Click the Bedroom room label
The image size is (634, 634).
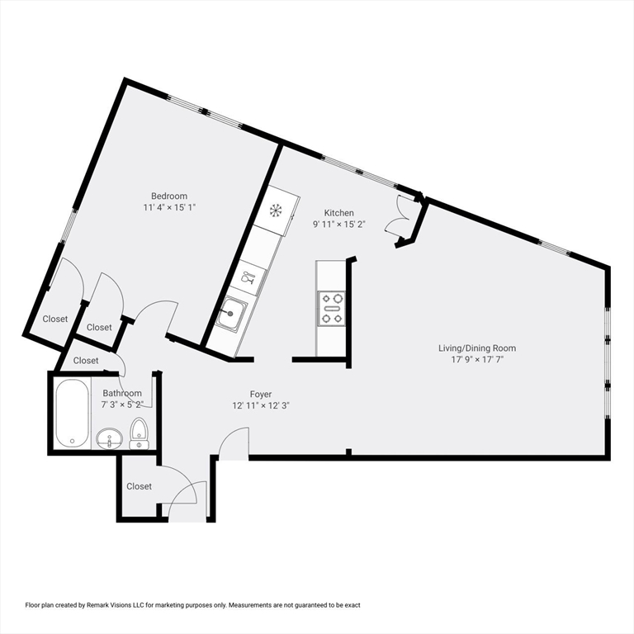tap(168, 196)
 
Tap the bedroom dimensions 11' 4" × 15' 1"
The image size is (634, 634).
tap(168, 208)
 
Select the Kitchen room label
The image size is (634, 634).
tap(338, 212)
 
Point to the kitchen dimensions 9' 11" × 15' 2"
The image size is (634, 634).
tap(338, 225)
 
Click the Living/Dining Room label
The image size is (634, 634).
tap(477, 348)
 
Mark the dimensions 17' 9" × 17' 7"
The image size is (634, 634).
tap(477, 360)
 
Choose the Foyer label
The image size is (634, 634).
tap(261, 394)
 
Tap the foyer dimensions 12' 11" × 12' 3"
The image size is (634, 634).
tap(261, 406)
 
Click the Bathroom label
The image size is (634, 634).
tap(122, 394)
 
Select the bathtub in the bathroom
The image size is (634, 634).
tap(72, 413)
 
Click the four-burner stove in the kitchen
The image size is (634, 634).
tap(333, 308)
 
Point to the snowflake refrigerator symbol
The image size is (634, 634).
tap(276, 210)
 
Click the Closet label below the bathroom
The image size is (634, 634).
tap(139, 486)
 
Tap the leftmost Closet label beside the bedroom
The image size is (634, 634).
tap(55, 319)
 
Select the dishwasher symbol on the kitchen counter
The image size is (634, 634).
tap(248, 277)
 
